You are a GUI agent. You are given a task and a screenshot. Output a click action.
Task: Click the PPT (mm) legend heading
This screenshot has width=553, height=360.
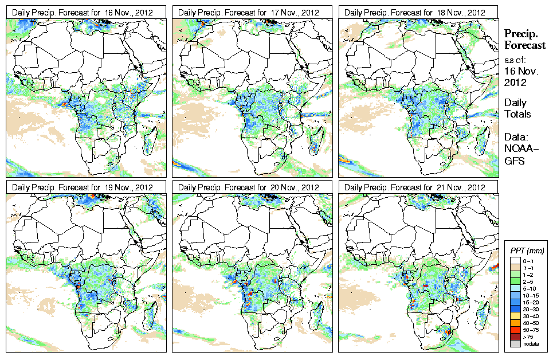click(x=527, y=251)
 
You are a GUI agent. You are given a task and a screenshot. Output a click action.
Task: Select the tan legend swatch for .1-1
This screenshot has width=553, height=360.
click(x=515, y=267)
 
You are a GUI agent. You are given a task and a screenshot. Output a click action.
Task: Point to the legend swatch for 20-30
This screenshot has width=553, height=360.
click(x=515, y=308)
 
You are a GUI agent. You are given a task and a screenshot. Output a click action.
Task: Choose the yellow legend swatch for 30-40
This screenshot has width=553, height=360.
click(x=515, y=315)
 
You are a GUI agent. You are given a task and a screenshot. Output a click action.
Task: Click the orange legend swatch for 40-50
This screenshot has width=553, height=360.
click(x=515, y=322)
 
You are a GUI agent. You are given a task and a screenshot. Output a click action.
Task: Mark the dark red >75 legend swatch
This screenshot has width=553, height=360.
click(x=515, y=336)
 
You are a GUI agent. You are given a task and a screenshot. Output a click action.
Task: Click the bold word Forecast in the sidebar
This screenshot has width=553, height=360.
click(x=525, y=46)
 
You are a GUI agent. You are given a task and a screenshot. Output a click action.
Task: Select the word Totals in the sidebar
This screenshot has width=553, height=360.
click(x=517, y=114)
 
